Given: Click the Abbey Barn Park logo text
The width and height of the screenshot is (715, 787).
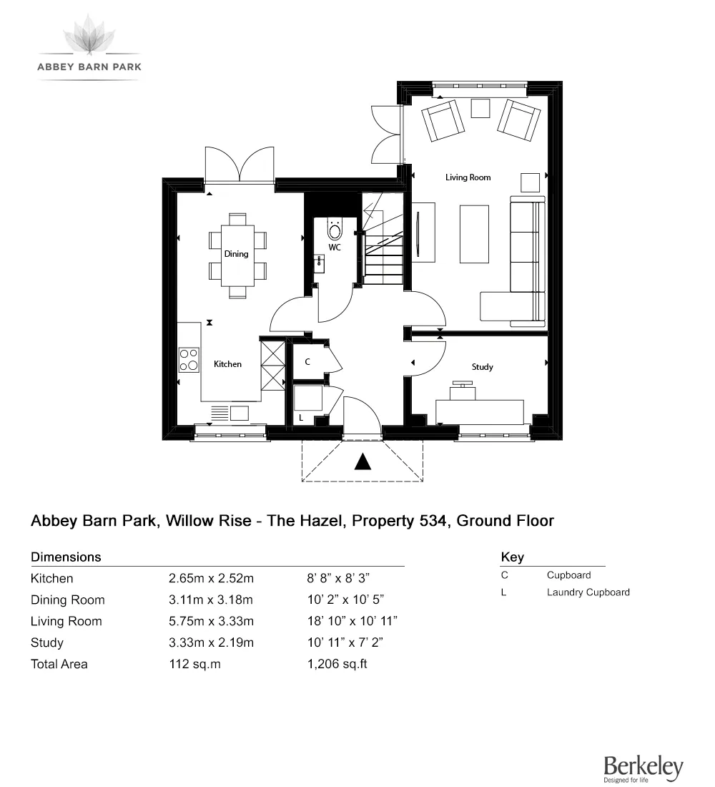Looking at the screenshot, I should click(x=89, y=67).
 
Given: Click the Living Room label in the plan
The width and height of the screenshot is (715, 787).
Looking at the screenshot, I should click(x=468, y=177).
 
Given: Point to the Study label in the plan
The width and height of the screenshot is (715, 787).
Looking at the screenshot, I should click(x=482, y=367).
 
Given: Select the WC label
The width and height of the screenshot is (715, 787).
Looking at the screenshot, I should click(x=334, y=248).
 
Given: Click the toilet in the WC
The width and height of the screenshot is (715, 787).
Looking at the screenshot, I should click(x=334, y=229).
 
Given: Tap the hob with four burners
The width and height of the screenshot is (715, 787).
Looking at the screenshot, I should click(x=189, y=359).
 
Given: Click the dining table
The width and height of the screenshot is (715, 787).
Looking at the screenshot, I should click(x=237, y=255).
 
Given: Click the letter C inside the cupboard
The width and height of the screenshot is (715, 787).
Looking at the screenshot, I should click(x=307, y=362).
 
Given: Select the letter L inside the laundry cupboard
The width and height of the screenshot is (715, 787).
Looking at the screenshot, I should click(x=301, y=416).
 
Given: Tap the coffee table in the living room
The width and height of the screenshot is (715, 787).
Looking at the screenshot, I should click(x=475, y=233).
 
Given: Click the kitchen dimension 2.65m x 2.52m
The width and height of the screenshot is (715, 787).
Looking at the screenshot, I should click(x=211, y=578).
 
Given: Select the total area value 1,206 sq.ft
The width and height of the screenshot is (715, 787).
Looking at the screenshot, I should click(x=337, y=664).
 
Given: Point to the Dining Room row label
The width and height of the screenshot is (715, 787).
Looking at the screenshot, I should click(x=67, y=600).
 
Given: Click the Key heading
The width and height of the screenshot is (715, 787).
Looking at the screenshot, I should click(x=512, y=557).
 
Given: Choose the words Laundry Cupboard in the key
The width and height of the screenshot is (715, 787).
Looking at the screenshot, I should click(x=588, y=592).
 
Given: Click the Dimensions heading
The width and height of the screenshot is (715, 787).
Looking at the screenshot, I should click(x=66, y=557).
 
